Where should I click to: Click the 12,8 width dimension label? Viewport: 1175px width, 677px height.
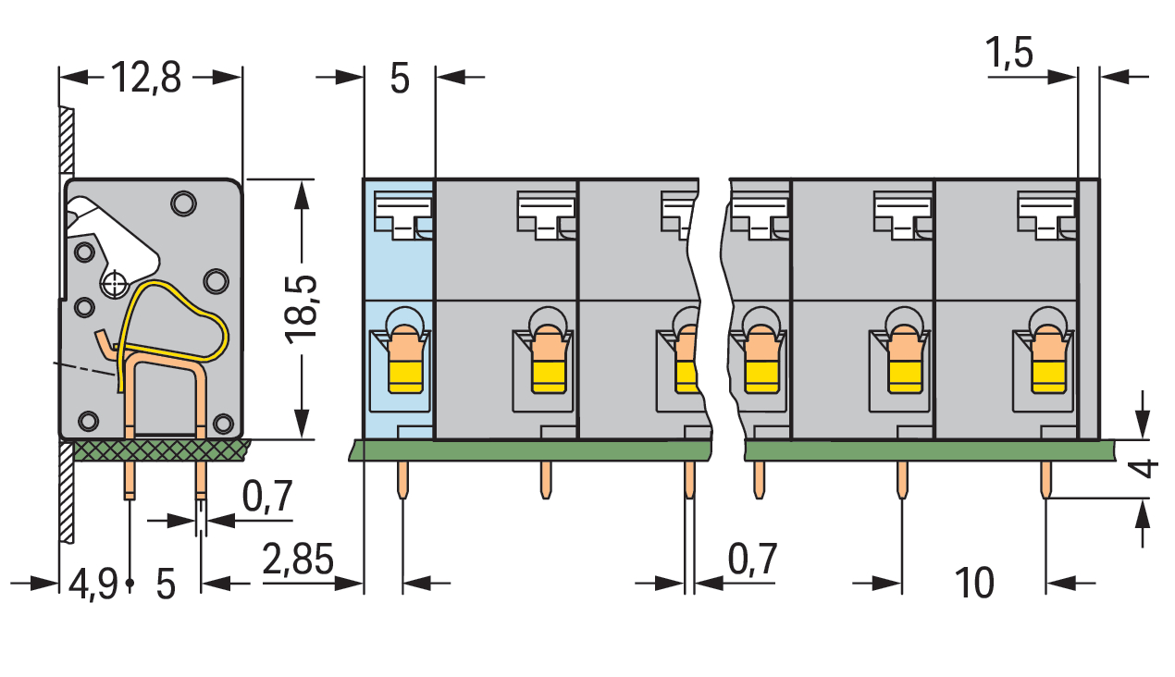tap(146, 78)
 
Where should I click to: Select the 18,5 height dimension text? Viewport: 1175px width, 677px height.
tap(301, 310)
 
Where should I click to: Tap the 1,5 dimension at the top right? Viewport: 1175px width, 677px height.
tap(1009, 54)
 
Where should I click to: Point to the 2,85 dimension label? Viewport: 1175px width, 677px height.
tap(297, 559)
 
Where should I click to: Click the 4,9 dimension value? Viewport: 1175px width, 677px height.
tap(93, 585)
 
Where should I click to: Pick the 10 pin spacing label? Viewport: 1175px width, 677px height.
tap(974, 583)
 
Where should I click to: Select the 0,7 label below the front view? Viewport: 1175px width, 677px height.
tap(752, 559)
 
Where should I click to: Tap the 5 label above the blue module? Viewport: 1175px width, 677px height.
tap(399, 79)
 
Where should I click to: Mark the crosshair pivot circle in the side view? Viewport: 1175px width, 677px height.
tap(114, 285)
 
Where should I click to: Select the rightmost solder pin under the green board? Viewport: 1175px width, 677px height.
tap(1045, 480)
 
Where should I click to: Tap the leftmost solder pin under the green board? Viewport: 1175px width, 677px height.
tap(402, 480)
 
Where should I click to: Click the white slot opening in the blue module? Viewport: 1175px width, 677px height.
tap(403, 215)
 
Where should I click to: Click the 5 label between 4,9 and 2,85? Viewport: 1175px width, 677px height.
tap(166, 585)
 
